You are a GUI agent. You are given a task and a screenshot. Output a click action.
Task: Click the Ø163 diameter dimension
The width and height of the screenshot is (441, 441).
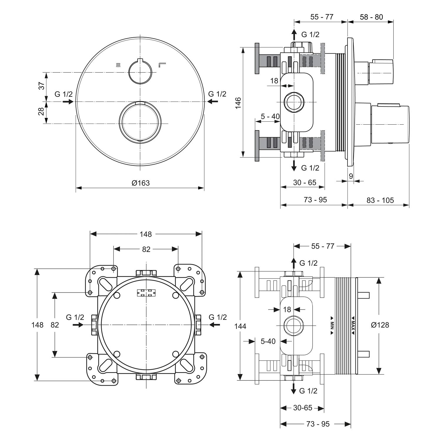(141, 183)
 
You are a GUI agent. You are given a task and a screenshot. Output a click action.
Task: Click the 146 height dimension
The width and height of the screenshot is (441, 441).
(238, 103)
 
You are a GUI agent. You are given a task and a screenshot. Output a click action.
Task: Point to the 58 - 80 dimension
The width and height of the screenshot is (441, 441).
(371, 17)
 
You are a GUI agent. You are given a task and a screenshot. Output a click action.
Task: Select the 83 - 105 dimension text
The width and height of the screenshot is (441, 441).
(380, 200)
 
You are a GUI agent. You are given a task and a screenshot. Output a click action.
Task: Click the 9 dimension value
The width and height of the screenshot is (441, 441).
(351, 176)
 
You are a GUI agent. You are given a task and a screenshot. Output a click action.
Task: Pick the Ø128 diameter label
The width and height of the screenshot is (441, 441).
(380, 325)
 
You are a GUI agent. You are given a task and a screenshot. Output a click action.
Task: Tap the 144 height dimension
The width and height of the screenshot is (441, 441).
(240, 326)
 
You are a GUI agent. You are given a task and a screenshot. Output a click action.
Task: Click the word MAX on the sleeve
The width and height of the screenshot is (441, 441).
(353, 326)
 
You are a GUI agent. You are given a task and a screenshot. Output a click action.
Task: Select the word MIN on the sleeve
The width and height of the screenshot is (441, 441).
(332, 325)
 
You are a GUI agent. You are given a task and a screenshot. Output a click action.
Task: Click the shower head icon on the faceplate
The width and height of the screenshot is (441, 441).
(118, 65)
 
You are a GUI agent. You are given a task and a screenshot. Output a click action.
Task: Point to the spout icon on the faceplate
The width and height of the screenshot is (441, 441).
(162, 65)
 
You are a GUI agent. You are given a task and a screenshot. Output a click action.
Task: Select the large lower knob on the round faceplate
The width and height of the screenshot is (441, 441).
(140, 123)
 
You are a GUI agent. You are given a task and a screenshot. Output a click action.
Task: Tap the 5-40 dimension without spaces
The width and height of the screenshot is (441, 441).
(268, 341)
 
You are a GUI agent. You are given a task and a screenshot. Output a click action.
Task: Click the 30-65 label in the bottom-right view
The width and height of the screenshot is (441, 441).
(303, 408)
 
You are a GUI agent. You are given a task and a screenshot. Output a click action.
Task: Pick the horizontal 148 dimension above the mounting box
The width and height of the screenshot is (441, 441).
(146, 234)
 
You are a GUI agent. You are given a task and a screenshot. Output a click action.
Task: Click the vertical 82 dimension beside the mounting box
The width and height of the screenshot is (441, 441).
(55, 325)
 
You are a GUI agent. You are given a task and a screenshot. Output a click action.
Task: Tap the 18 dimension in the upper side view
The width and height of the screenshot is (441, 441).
(274, 81)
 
